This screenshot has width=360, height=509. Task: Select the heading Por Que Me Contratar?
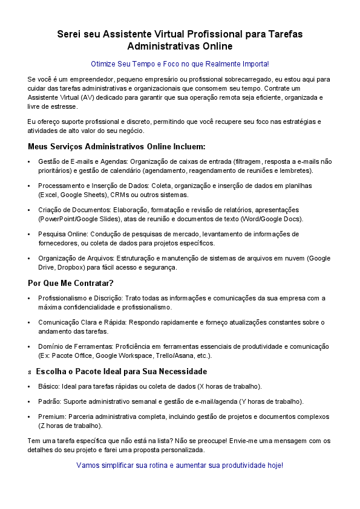[71, 283]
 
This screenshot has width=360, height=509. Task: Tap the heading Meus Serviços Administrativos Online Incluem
[117, 146]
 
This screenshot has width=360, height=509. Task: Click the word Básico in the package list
[49, 386]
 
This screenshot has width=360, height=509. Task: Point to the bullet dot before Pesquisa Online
[30, 234]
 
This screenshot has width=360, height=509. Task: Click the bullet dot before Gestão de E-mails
[30, 162]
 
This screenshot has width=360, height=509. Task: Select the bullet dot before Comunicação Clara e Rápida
[30, 323]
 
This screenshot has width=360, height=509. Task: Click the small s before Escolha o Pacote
[30, 371]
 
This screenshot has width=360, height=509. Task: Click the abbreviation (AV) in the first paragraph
[89, 97]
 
